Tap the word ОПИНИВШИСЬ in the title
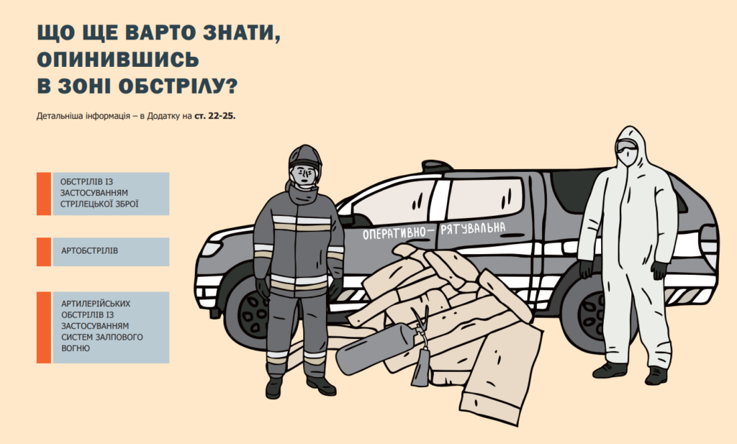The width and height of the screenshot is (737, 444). (118, 60)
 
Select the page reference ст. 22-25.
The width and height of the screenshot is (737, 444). (214, 116)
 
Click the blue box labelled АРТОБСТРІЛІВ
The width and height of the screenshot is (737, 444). (111, 252)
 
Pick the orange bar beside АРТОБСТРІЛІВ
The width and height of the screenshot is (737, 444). (44, 252)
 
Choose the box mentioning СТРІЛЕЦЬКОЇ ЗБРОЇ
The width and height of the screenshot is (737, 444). (111, 194)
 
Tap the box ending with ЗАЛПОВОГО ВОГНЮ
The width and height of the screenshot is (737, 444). (111, 327)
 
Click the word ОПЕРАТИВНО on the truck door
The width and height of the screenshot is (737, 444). (394, 233)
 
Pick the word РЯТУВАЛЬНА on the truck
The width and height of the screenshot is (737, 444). (473, 229)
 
